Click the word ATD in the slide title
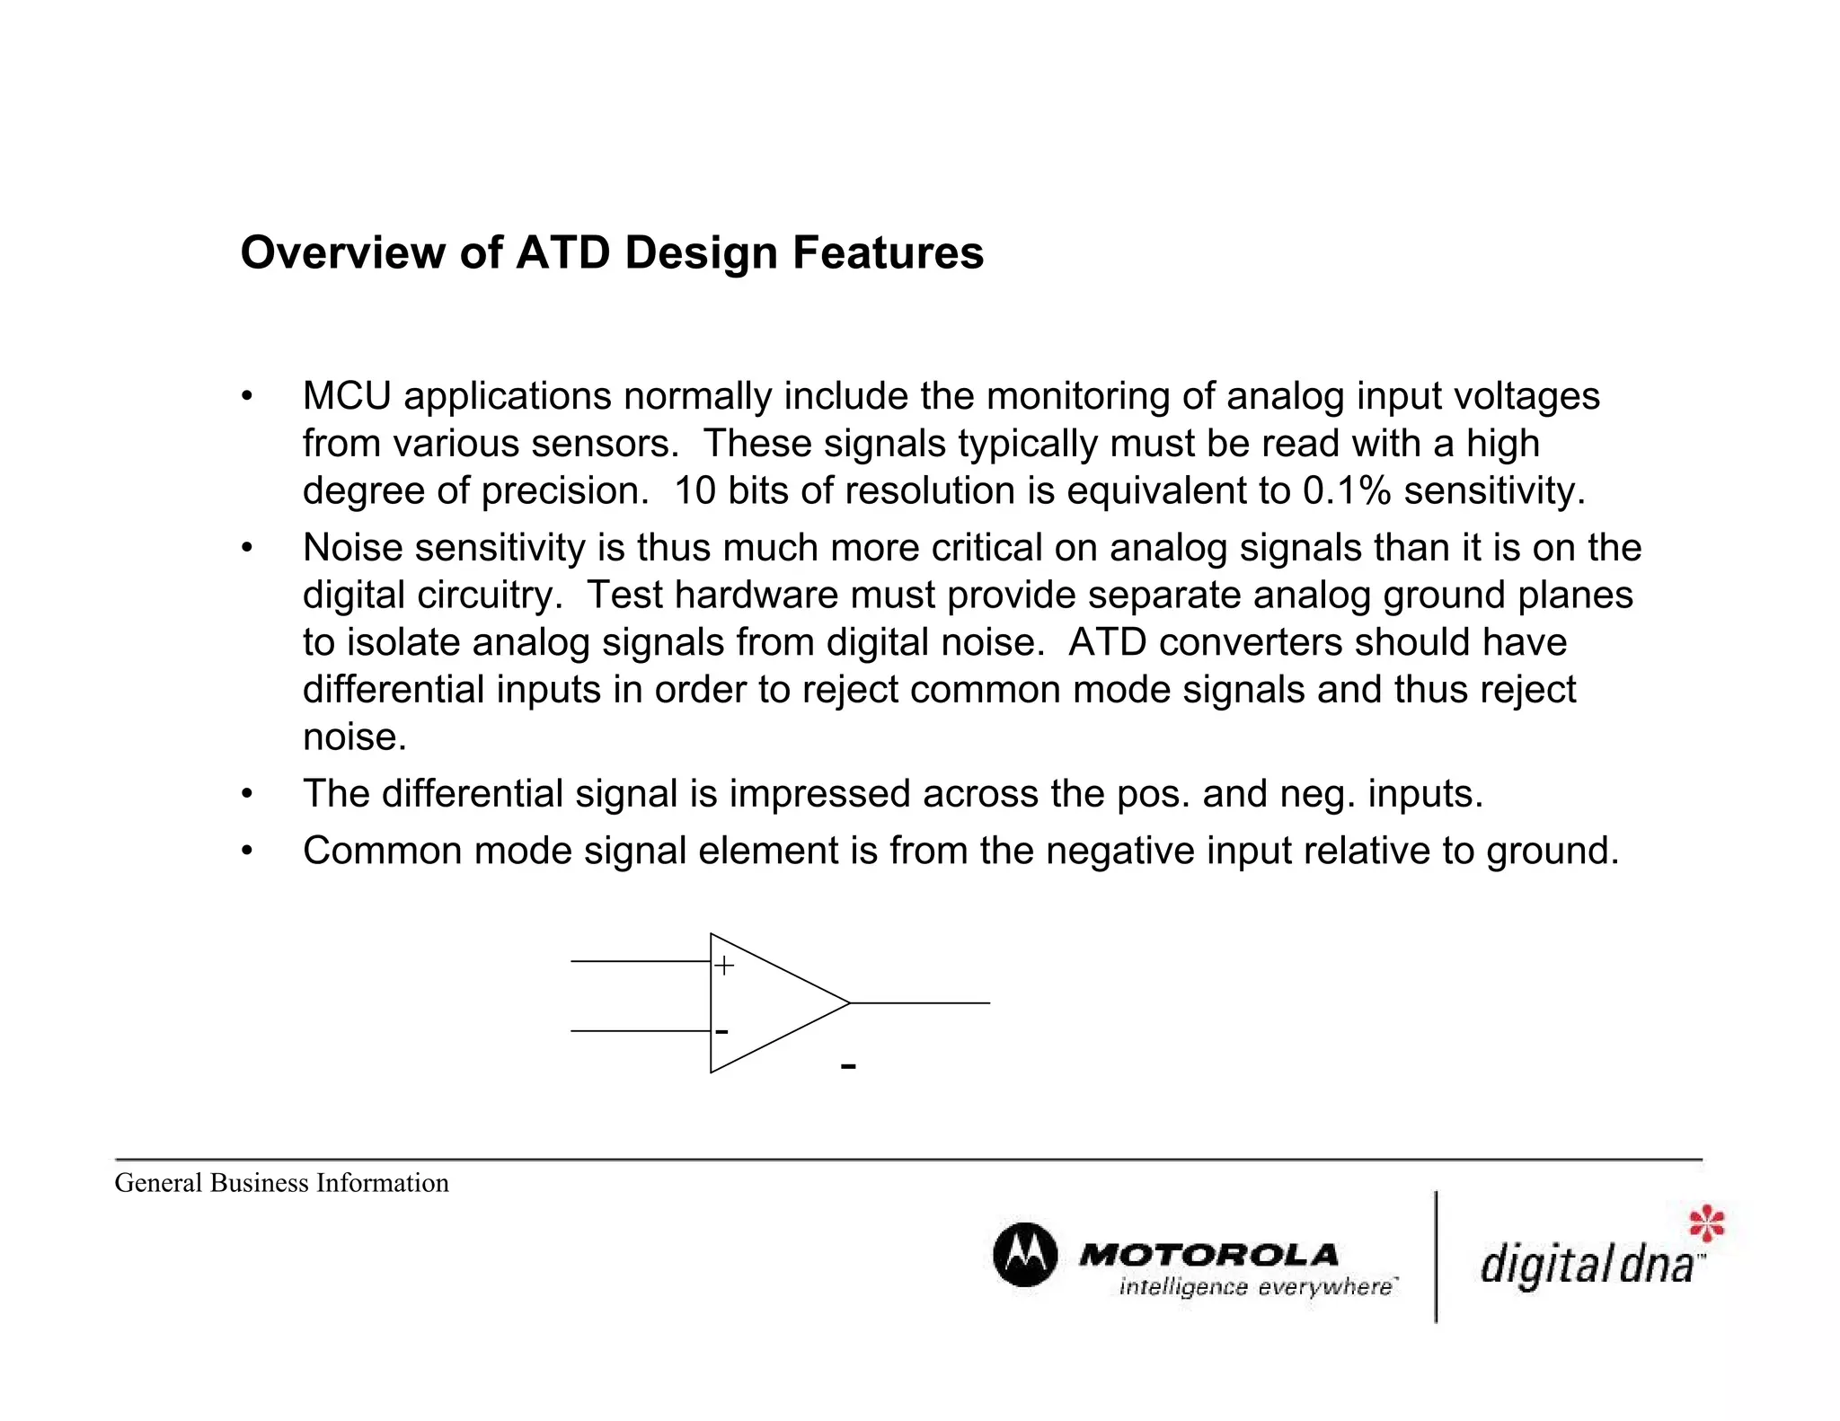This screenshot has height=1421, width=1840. point(562,252)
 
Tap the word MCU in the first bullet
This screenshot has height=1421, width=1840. point(347,396)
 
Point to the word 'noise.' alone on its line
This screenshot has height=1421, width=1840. point(355,737)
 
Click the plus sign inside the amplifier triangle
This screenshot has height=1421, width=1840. point(724,966)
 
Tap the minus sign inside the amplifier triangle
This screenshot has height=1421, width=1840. point(721,1032)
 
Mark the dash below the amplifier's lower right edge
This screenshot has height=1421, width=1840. point(848,1066)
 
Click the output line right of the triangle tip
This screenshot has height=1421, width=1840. point(920,1002)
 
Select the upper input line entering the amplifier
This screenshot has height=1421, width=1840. point(640,961)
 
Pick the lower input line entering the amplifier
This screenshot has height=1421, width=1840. point(640,1031)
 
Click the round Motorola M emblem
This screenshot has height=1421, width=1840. point(1025,1255)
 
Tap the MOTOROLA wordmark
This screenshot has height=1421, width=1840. point(1208,1255)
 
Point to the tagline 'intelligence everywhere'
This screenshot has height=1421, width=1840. point(1256,1287)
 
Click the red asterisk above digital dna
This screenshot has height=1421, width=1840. point(1707,1224)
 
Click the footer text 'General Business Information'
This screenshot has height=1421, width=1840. point(281,1183)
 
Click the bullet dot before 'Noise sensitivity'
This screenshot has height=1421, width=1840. point(247,548)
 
